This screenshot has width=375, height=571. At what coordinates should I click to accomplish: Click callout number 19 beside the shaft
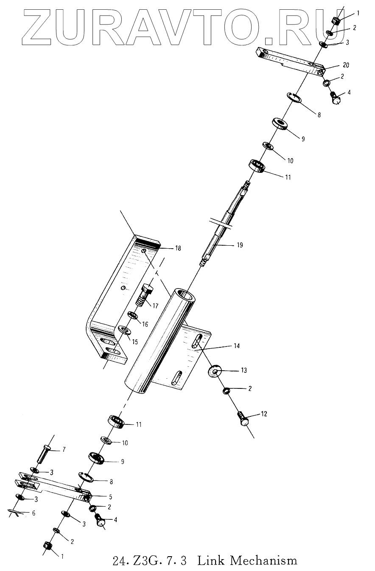click(x=240, y=245)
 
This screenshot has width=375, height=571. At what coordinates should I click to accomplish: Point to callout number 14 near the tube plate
click(x=236, y=346)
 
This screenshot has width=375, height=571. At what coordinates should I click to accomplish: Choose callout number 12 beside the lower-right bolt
click(x=263, y=414)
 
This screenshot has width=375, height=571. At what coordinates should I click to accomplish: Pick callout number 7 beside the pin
click(x=64, y=449)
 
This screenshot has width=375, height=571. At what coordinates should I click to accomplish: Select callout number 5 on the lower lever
click(x=110, y=496)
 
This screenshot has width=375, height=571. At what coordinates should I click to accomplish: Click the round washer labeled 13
click(x=215, y=371)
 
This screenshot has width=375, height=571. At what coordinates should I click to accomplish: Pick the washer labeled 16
click(x=133, y=316)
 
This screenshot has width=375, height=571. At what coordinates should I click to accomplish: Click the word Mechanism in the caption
click(x=263, y=561)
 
